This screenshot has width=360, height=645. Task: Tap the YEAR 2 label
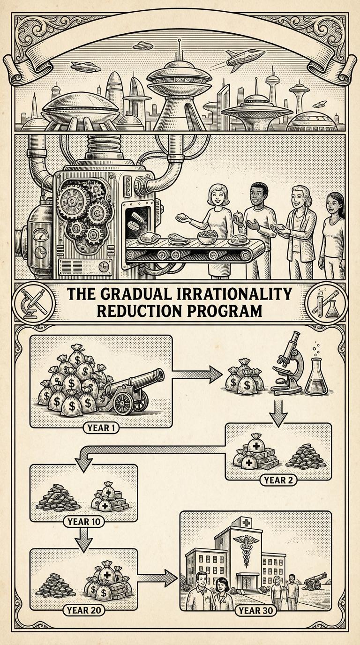click(278, 480)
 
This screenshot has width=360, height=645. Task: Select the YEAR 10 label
click(83, 521)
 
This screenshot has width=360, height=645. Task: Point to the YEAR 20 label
click(83, 610)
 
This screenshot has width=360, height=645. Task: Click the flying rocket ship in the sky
click(241, 58)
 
